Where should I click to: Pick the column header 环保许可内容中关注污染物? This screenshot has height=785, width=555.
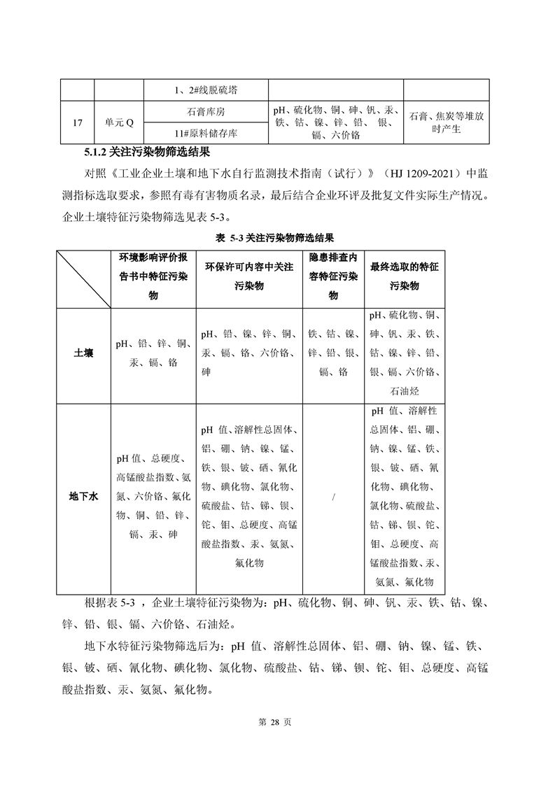248,276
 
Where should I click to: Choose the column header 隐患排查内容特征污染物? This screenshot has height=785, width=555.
333,276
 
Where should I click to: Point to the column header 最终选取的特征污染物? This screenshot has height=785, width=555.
404,276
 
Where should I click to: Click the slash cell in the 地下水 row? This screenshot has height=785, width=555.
333,497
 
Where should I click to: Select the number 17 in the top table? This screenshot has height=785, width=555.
77,123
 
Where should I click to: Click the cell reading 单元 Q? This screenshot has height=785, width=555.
119,123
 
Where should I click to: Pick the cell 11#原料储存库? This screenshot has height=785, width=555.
206,133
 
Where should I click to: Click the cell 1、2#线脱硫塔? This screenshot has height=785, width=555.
206,90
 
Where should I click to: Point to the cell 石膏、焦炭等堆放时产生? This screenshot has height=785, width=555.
446,123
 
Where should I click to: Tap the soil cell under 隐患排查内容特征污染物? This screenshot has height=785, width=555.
333,353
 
